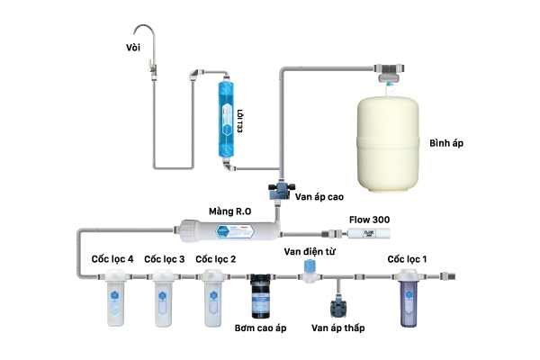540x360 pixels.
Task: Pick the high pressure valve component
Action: point(277,191)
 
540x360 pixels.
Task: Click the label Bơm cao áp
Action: point(261,328)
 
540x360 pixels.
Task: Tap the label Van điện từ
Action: point(309,251)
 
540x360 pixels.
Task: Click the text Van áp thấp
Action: point(337,328)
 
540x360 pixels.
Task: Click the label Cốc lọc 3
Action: point(165,259)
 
